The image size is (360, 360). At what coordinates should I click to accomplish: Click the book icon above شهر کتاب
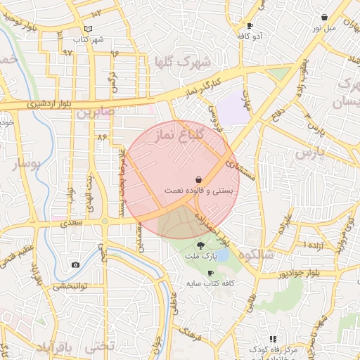[x=88, y=29]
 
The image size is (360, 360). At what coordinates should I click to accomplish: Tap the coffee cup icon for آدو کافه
[x=250, y=25]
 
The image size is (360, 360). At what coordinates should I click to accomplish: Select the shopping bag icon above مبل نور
[x=324, y=17]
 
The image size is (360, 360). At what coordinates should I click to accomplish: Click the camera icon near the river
[x=75, y=264]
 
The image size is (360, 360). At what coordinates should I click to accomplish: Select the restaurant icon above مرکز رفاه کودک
[x=272, y=339]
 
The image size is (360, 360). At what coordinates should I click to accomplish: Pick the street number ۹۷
[x=67, y=53]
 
